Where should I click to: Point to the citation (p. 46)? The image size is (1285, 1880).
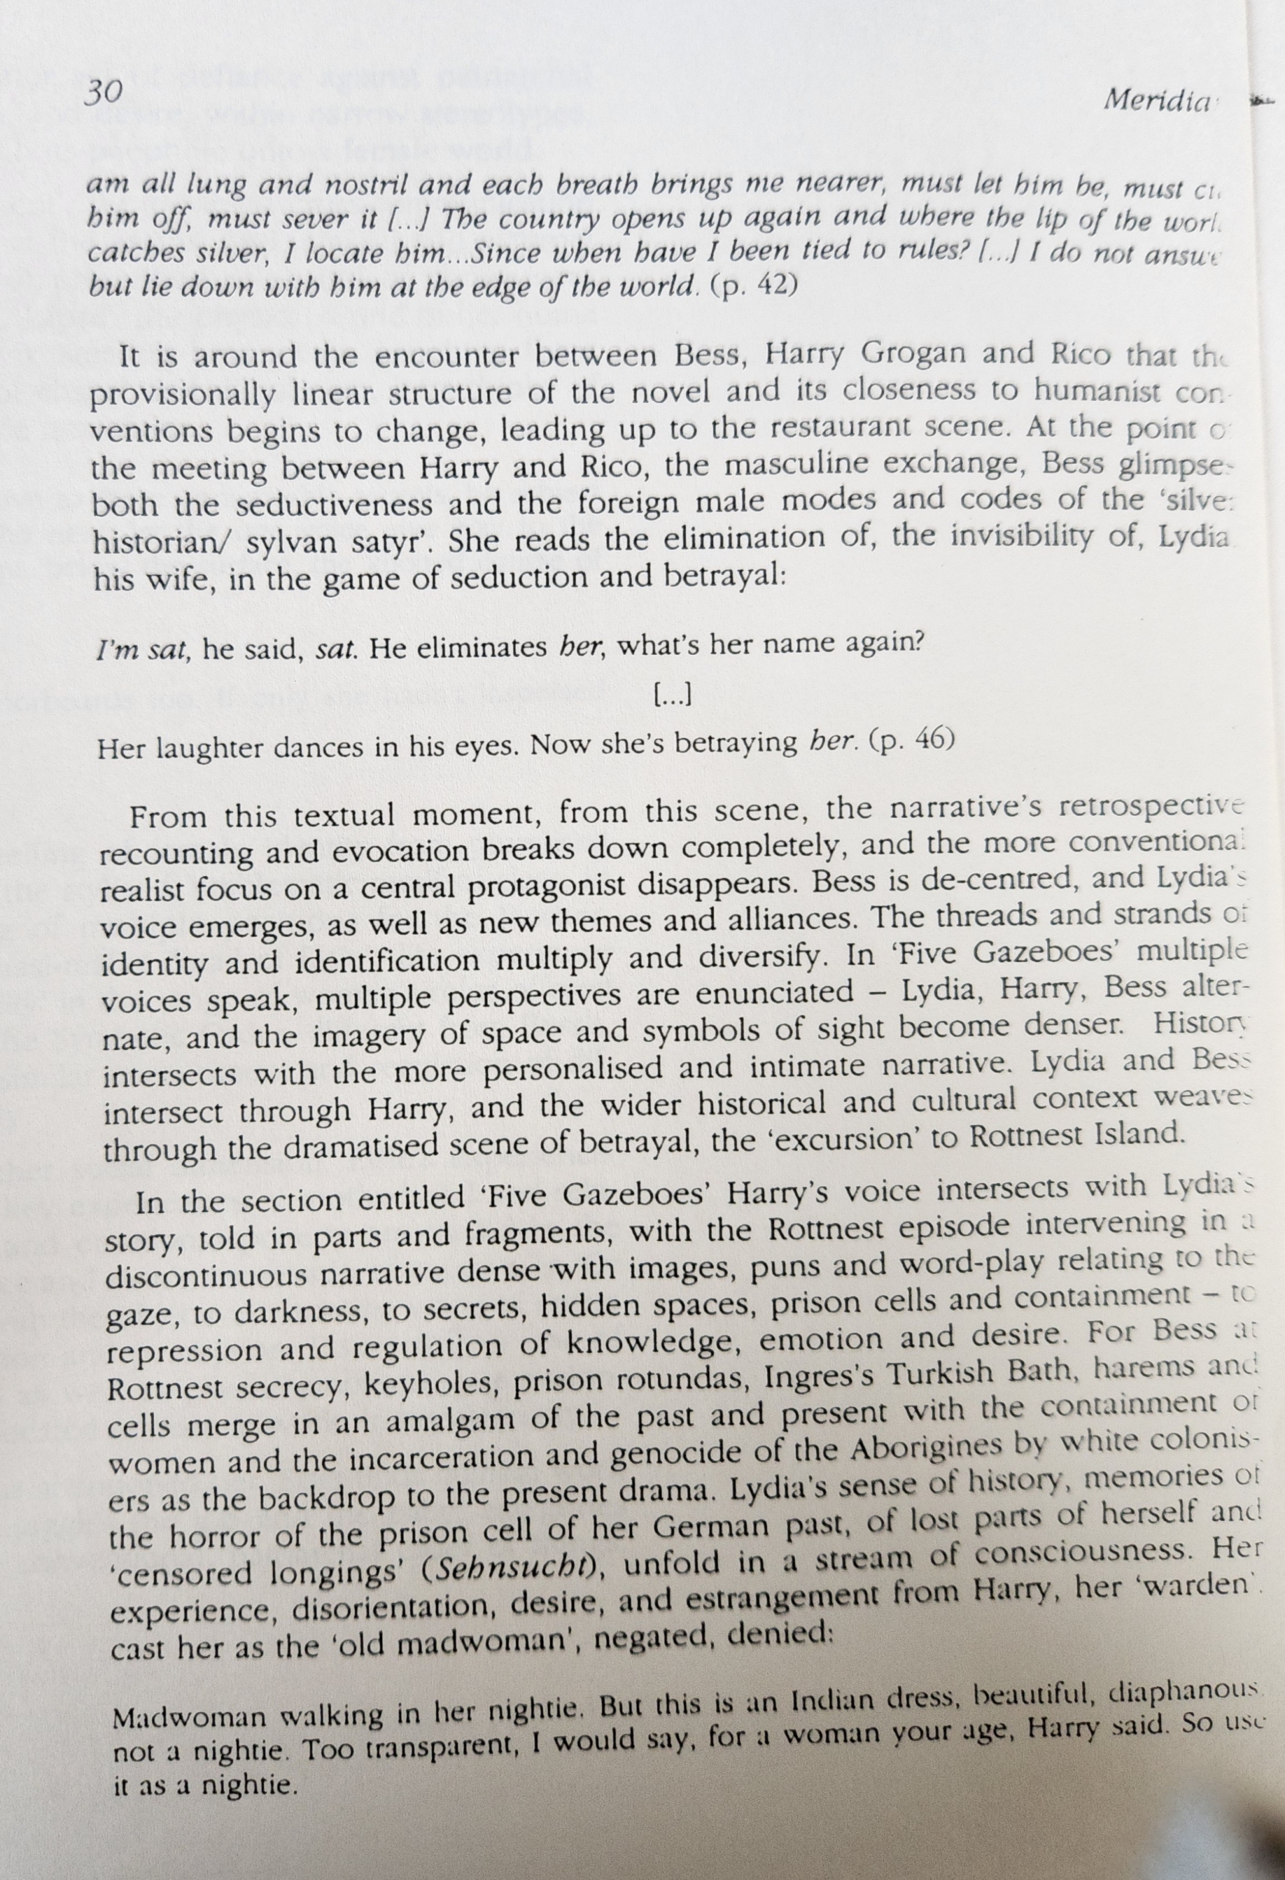pos(910,742)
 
